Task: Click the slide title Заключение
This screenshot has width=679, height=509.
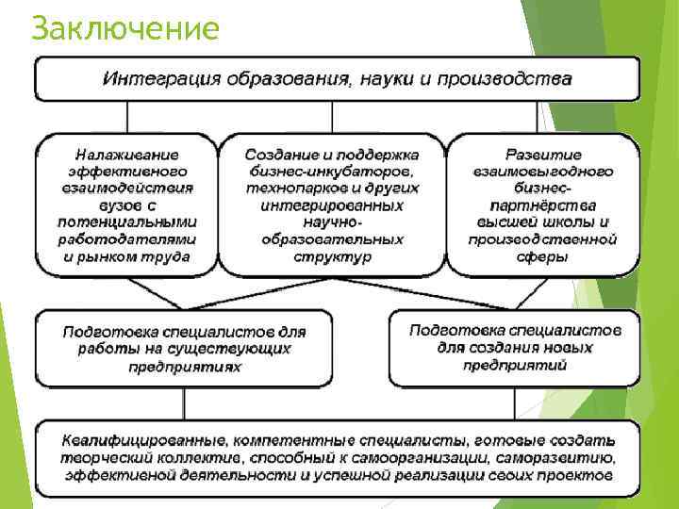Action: (x=124, y=28)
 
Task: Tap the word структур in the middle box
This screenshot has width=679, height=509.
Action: (x=333, y=255)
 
